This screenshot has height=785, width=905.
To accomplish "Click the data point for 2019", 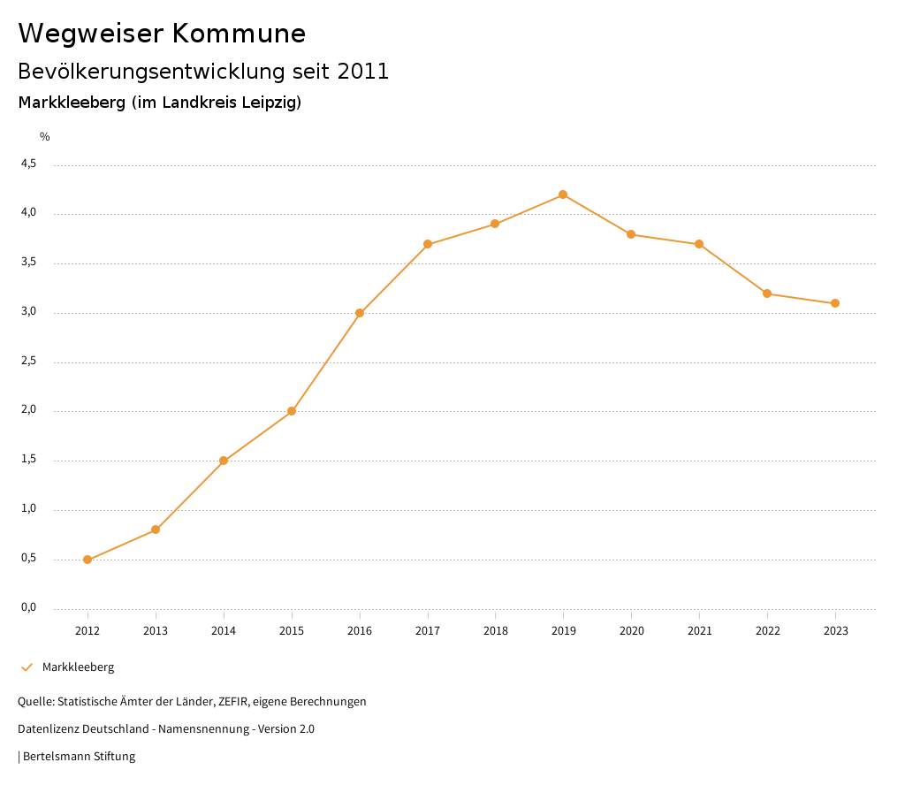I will pyautogui.click(x=563, y=194).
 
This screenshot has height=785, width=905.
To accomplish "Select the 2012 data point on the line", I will pyautogui.click(x=87, y=560).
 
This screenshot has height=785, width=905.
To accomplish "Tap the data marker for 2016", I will pyautogui.click(x=360, y=313).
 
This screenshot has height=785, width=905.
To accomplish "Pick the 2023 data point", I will pyautogui.click(x=835, y=303).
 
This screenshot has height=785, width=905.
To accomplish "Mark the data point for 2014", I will pyautogui.click(x=224, y=461).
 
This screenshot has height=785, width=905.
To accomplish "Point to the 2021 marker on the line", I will pyautogui.click(x=699, y=244).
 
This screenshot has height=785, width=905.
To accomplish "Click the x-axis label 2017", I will pyautogui.click(x=428, y=631).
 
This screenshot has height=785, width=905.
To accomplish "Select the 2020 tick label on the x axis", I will pyautogui.click(x=631, y=631).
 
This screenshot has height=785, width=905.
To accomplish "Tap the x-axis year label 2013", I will pyautogui.click(x=156, y=631).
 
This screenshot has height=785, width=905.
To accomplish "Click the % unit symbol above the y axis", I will pyautogui.click(x=45, y=137).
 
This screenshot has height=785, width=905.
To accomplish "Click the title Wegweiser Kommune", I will pyautogui.click(x=162, y=34).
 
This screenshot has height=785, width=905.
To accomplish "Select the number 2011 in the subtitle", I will pyautogui.click(x=363, y=72).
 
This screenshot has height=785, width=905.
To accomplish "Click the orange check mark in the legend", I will pyautogui.click(x=27, y=667).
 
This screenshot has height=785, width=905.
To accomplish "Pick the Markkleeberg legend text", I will pyautogui.click(x=78, y=667).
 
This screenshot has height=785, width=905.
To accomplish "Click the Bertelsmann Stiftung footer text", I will pyautogui.click(x=79, y=757).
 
